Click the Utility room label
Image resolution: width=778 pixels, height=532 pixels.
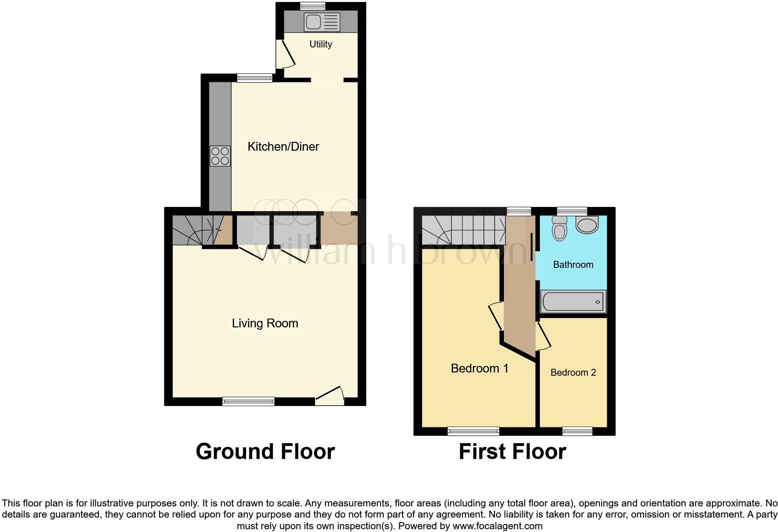pyautogui.click(x=321, y=44)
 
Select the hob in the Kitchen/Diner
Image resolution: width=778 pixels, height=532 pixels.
pyautogui.click(x=220, y=156)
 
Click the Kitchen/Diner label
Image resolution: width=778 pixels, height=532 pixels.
pyautogui.click(x=283, y=146)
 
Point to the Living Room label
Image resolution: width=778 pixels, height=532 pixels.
pyautogui.click(x=265, y=323)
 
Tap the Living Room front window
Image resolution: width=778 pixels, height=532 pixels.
pyautogui.click(x=248, y=401)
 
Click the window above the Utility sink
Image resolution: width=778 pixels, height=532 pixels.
pyautogui.click(x=313, y=6)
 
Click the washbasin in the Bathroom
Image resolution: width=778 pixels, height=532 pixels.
pyautogui.click(x=587, y=225)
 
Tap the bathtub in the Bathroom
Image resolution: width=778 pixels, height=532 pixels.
pyautogui.click(x=573, y=302)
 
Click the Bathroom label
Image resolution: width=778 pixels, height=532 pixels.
pyautogui.click(x=573, y=265)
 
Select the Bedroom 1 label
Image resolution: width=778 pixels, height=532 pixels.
pyautogui.click(x=479, y=368)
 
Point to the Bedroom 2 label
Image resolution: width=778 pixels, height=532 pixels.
pyautogui.click(x=573, y=372)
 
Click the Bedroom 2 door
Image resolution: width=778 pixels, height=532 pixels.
pyautogui.click(x=543, y=336)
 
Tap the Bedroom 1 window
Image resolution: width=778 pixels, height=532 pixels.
pyautogui.click(x=473, y=432)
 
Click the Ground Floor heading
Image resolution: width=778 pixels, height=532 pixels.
pyautogui.click(x=265, y=451)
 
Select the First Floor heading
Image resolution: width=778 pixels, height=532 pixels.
pyautogui.click(x=512, y=451)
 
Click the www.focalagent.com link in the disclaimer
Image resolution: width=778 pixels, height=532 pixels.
pyautogui.click(x=497, y=526)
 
